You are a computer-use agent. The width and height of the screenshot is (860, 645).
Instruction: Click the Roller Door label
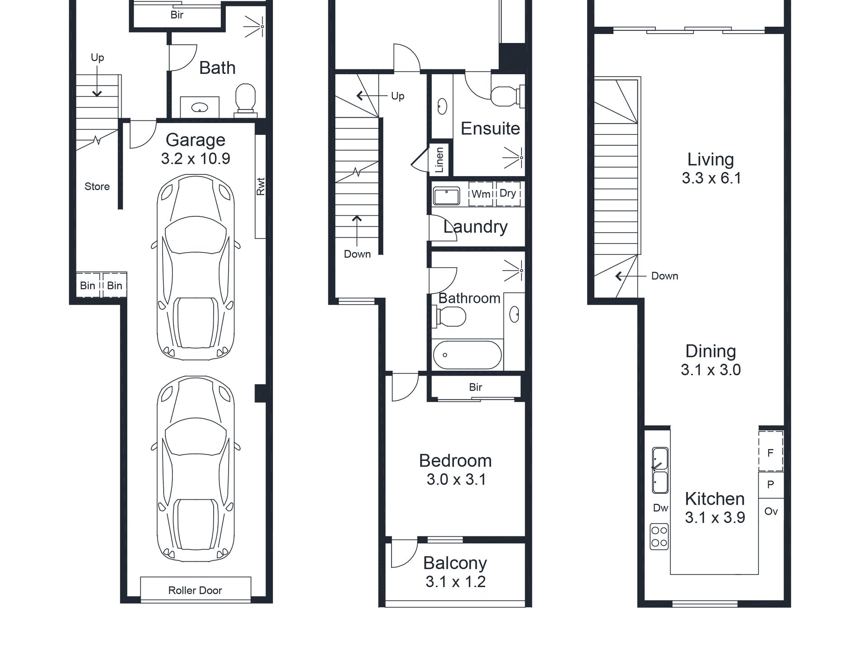click(x=195, y=590)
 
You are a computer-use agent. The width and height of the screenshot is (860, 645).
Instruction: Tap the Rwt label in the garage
click(x=260, y=186)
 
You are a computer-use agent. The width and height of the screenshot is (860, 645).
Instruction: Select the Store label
click(x=97, y=186)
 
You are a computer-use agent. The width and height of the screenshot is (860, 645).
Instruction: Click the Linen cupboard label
click(x=439, y=160)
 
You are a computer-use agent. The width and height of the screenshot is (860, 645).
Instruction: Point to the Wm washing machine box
click(x=481, y=194)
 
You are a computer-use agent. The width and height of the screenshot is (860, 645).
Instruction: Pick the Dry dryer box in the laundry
click(x=508, y=194)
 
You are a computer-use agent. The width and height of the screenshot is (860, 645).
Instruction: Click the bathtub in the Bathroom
click(x=468, y=355)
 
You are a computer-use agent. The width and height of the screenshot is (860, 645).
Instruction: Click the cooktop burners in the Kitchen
click(x=659, y=536)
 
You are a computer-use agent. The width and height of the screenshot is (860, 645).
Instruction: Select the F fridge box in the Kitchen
click(x=771, y=452)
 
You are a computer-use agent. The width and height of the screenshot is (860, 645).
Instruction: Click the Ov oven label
click(x=771, y=511)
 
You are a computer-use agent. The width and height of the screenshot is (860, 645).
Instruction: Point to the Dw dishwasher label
click(x=660, y=508)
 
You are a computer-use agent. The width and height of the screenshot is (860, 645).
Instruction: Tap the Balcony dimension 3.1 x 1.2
click(x=455, y=582)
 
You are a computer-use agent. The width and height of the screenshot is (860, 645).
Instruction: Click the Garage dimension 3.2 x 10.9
click(x=196, y=159)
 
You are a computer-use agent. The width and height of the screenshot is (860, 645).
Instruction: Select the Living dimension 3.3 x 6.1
click(x=712, y=178)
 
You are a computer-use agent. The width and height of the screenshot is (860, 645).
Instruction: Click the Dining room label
click(x=711, y=351)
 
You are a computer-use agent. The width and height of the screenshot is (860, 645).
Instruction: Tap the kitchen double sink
click(x=660, y=471)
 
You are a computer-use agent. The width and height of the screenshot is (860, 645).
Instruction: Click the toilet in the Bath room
click(x=245, y=98)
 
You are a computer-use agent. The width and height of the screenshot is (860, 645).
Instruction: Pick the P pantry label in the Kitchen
click(x=771, y=484)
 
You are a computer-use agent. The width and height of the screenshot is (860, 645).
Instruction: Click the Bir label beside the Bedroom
click(x=475, y=387)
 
